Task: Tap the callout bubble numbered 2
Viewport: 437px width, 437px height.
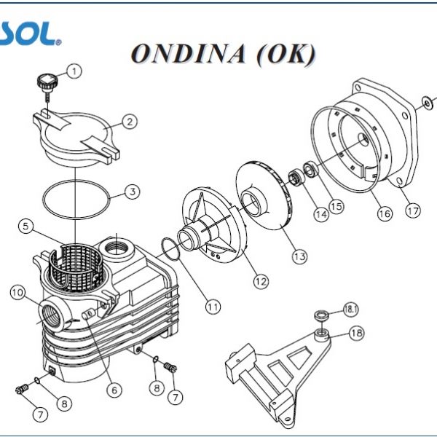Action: click(x=128, y=122)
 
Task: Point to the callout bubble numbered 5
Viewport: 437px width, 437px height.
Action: click(x=27, y=227)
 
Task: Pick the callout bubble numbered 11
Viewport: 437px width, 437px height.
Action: click(x=212, y=307)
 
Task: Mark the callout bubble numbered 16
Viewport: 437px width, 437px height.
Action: click(x=384, y=213)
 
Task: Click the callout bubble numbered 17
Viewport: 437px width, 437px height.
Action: click(x=412, y=211)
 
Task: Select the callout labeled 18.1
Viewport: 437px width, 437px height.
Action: click(x=352, y=309)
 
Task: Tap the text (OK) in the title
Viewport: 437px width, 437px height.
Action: click(x=285, y=54)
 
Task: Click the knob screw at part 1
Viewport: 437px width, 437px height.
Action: click(x=47, y=82)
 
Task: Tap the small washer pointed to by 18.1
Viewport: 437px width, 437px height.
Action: click(x=320, y=315)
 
